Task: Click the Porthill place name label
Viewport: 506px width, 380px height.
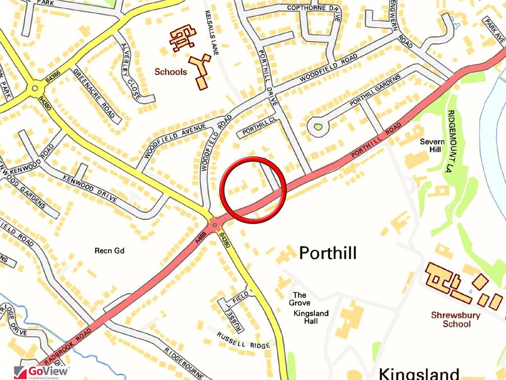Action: (328, 253)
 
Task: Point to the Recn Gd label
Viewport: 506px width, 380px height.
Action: (109, 250)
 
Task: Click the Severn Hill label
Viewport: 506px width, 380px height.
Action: (432, 145)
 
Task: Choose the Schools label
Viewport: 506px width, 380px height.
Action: (170, 72)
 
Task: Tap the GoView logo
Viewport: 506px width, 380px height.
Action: (42, 371)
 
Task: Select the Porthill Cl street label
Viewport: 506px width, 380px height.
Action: (258, 127)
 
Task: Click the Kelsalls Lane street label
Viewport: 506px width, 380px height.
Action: (214, 33)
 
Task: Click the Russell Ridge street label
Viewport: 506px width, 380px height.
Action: (243, 340)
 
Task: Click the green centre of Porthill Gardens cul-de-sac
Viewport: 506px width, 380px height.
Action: (318, 127)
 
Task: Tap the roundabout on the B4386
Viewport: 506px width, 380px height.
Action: (35, 90)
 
